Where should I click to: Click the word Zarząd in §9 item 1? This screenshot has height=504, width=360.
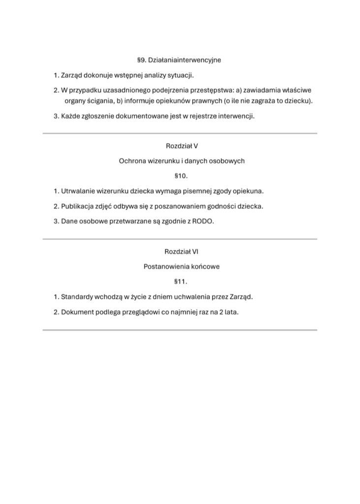pos(71,75)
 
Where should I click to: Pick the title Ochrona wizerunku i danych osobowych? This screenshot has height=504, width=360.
pos(181,160)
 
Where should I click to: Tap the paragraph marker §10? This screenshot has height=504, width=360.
pos(181,175)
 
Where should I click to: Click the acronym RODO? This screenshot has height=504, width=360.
pos(205,221)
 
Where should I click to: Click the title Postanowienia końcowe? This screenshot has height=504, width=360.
pos(181,266)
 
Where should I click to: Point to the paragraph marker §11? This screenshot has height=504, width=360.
pos(181,282)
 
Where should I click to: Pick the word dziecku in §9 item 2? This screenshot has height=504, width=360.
pos(299,101)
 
